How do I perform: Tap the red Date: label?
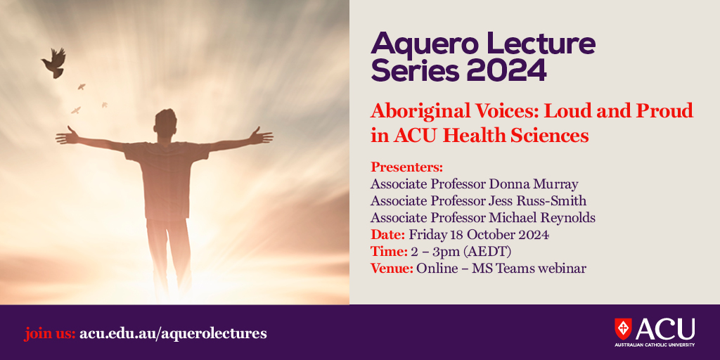pyautogui.click(x=387, y=235)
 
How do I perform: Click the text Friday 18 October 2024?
pyautogui.click(x=479, y=235)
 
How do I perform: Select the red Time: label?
pyautogui.click(x=389, y=252)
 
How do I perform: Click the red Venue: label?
pyautogui.click(x=392, y=269)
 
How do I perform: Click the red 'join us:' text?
pyautogui.click(x=50, y=333)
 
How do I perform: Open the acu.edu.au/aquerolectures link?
pyautogui.click(x=173, y=333)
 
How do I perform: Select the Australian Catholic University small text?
pyautogui.click(x=655, y=345)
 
